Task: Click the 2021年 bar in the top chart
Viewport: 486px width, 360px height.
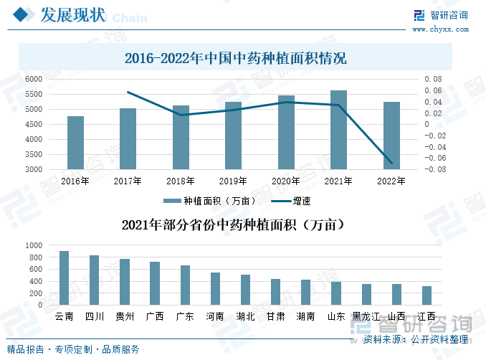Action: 338,131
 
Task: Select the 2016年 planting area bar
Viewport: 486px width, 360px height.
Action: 75,143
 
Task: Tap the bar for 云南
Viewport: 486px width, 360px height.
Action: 64,278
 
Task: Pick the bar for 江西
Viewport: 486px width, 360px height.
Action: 427,295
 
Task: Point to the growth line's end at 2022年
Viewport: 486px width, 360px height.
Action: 391,164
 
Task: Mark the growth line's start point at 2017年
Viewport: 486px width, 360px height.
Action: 128,92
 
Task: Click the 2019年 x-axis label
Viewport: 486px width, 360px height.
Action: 233,181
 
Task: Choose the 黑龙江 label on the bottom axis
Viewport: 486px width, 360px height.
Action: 366,316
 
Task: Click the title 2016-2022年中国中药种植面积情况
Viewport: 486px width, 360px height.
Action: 235,58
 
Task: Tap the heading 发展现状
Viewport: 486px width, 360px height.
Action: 72,15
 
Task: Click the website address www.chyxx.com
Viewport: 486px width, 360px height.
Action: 439,29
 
